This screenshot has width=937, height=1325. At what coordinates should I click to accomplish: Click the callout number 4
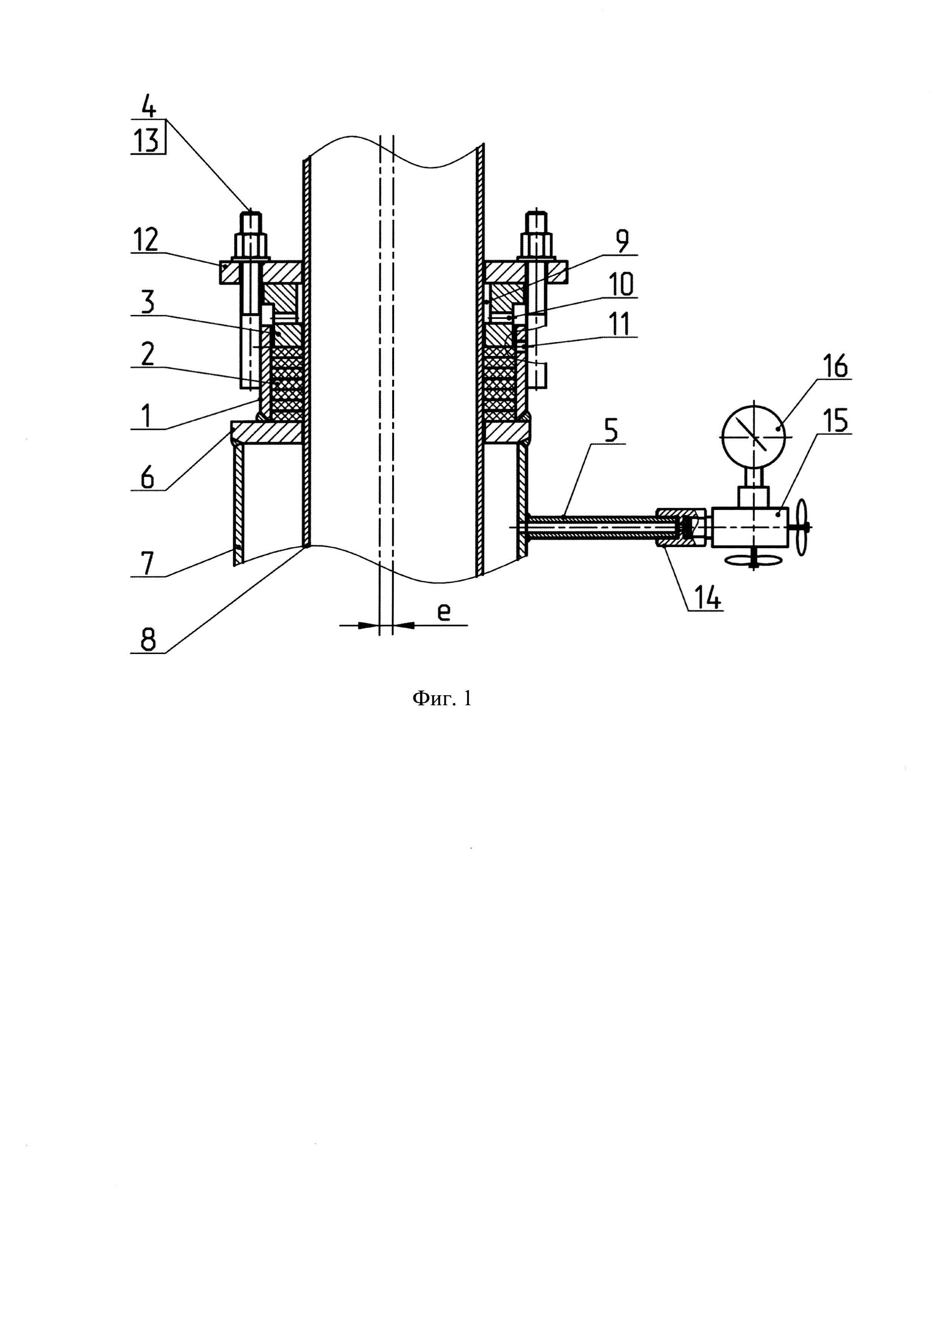coord(148,107)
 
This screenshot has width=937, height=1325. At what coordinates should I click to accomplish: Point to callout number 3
coord(148,302)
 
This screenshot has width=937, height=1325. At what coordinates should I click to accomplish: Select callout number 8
coord(148,640)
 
